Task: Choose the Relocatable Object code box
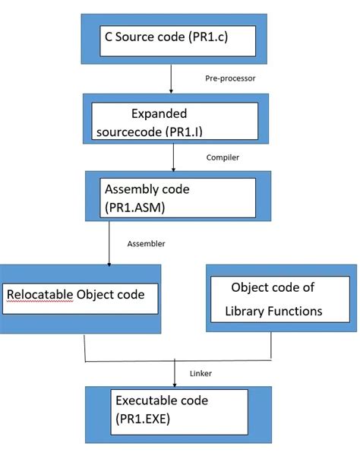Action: pos(80,298)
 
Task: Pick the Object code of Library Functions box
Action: pos(280,298)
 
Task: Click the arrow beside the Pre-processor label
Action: pos(172,78)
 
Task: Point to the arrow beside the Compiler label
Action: pos(174,157)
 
